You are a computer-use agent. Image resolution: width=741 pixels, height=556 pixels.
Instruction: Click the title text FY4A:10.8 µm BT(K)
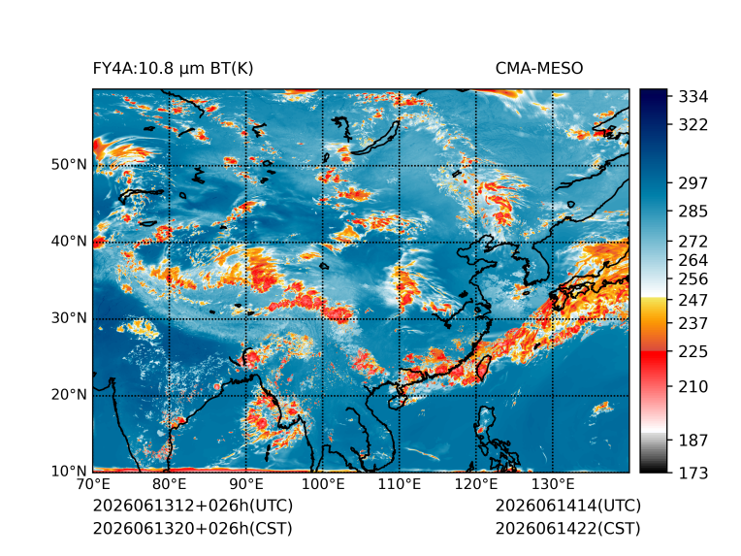173,69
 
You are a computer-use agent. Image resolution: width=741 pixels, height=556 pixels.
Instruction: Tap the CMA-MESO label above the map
538,69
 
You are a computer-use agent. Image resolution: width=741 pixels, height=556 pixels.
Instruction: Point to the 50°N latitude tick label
69,165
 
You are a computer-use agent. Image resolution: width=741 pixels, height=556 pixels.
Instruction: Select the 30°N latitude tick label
69,317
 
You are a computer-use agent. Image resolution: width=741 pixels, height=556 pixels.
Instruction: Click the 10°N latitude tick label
69,471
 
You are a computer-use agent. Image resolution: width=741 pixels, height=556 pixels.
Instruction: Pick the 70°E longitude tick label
93,484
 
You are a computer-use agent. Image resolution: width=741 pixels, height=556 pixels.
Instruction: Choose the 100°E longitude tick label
323,484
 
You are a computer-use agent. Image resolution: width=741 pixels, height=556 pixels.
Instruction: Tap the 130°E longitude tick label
553,484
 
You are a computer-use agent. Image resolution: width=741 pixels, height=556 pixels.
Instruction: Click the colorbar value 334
693,97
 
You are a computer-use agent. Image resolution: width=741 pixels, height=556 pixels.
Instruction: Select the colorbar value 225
693,352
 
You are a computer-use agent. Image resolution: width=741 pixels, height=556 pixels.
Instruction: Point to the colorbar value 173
693,473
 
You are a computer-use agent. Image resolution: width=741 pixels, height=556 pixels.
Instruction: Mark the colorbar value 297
693,183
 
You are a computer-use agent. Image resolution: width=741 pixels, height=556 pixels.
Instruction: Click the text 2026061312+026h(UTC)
193,506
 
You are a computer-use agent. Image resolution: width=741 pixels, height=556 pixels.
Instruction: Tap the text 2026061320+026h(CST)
192,529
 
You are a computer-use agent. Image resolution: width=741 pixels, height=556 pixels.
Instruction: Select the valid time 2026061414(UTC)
568,506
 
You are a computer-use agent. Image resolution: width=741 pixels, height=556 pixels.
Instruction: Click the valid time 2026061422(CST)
567,529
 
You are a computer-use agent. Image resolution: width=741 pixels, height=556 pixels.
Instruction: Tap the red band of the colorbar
654,362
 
